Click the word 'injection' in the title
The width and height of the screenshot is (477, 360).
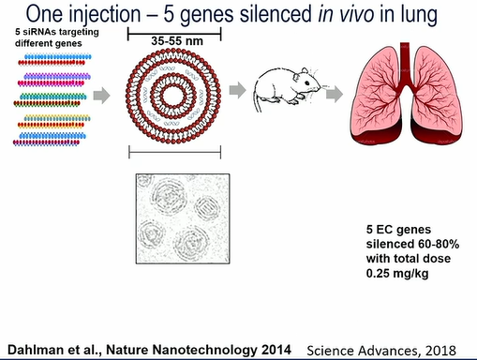click(105, 14)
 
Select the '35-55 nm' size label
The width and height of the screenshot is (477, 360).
click(177, 41)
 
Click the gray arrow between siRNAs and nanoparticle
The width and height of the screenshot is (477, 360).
click(102, 96)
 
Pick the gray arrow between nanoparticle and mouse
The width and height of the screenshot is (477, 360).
click(238, 90)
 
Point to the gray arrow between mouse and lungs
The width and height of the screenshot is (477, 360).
click(335, 94)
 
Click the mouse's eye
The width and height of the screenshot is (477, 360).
click(307, 83)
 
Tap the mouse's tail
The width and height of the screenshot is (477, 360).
click(258, 100)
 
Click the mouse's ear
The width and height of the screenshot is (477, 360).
click(305, 71)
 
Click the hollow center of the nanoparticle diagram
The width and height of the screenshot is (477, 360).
click(173, 96)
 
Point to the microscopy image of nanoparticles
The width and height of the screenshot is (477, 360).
click(183, 218)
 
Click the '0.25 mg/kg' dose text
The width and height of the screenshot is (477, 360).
click(397, 274)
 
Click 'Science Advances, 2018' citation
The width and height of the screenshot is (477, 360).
click(381, 351)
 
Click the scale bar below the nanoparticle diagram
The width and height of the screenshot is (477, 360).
click(175, 152)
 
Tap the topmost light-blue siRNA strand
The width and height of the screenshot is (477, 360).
click(58, 57)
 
